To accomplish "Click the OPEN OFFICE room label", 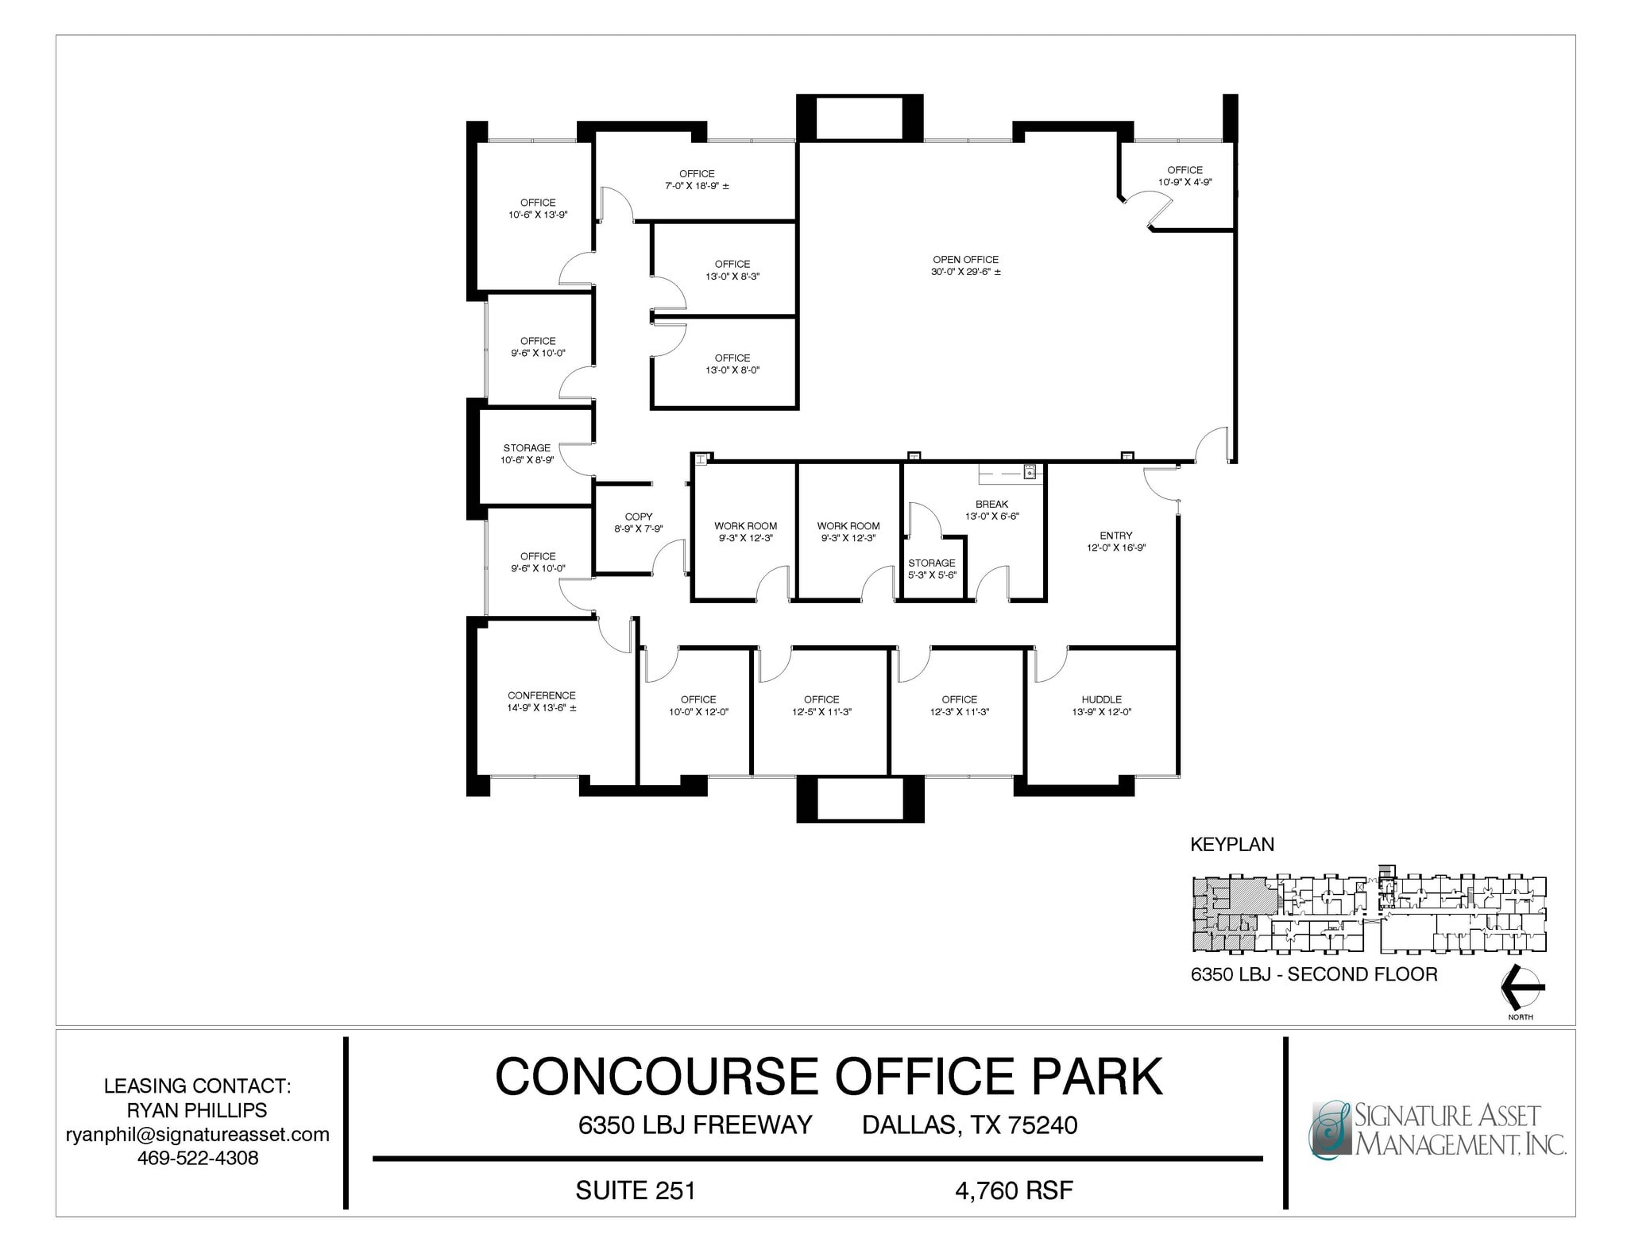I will [x=965, y=260].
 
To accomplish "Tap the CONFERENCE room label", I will [x=541, y=695].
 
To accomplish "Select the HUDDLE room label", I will [x=1101, y=699].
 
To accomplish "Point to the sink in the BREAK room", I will [x=1030, y=473].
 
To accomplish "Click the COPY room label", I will [x=638, y=517].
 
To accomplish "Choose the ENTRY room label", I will [x=1115, y=536].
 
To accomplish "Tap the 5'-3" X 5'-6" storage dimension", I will [x=932, y=575].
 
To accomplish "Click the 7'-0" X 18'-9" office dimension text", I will [x=697, y=186].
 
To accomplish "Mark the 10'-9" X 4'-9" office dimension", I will [x=1185, y=182].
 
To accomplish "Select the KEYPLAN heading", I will [x=1231, y=845].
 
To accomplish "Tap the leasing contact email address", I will [x=197, y=1134].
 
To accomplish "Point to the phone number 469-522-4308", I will [x=198, y=1158].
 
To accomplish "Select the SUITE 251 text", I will [x=635, y=1190].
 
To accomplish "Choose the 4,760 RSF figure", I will [x=1014, y=1190].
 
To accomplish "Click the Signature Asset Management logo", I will [x=1436, y=1129].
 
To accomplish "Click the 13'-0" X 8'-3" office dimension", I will [x=732, y=277].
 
